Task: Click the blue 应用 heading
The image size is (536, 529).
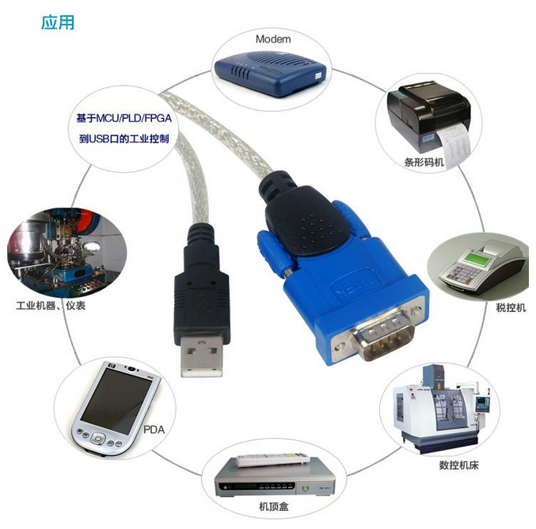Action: [58, 22]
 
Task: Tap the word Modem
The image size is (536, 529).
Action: [273, 40]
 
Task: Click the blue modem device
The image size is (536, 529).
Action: [270, 73]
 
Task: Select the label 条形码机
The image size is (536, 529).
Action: [424, 162]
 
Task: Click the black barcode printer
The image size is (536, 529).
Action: [428, 116]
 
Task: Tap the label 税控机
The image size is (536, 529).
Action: [511, 307]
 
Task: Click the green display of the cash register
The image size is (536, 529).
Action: [479, 258]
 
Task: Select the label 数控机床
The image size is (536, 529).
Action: [458, 465]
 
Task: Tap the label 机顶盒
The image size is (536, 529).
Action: [273, 506]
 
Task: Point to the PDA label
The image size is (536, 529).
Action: [154, 429]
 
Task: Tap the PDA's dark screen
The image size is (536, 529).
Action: [116, 401]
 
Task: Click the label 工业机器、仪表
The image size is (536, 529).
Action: [51, 306]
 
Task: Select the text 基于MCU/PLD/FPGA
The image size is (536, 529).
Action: [124, 118]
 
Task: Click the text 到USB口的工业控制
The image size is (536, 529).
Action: [124, 139]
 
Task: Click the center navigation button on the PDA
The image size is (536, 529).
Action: [97, 439]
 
